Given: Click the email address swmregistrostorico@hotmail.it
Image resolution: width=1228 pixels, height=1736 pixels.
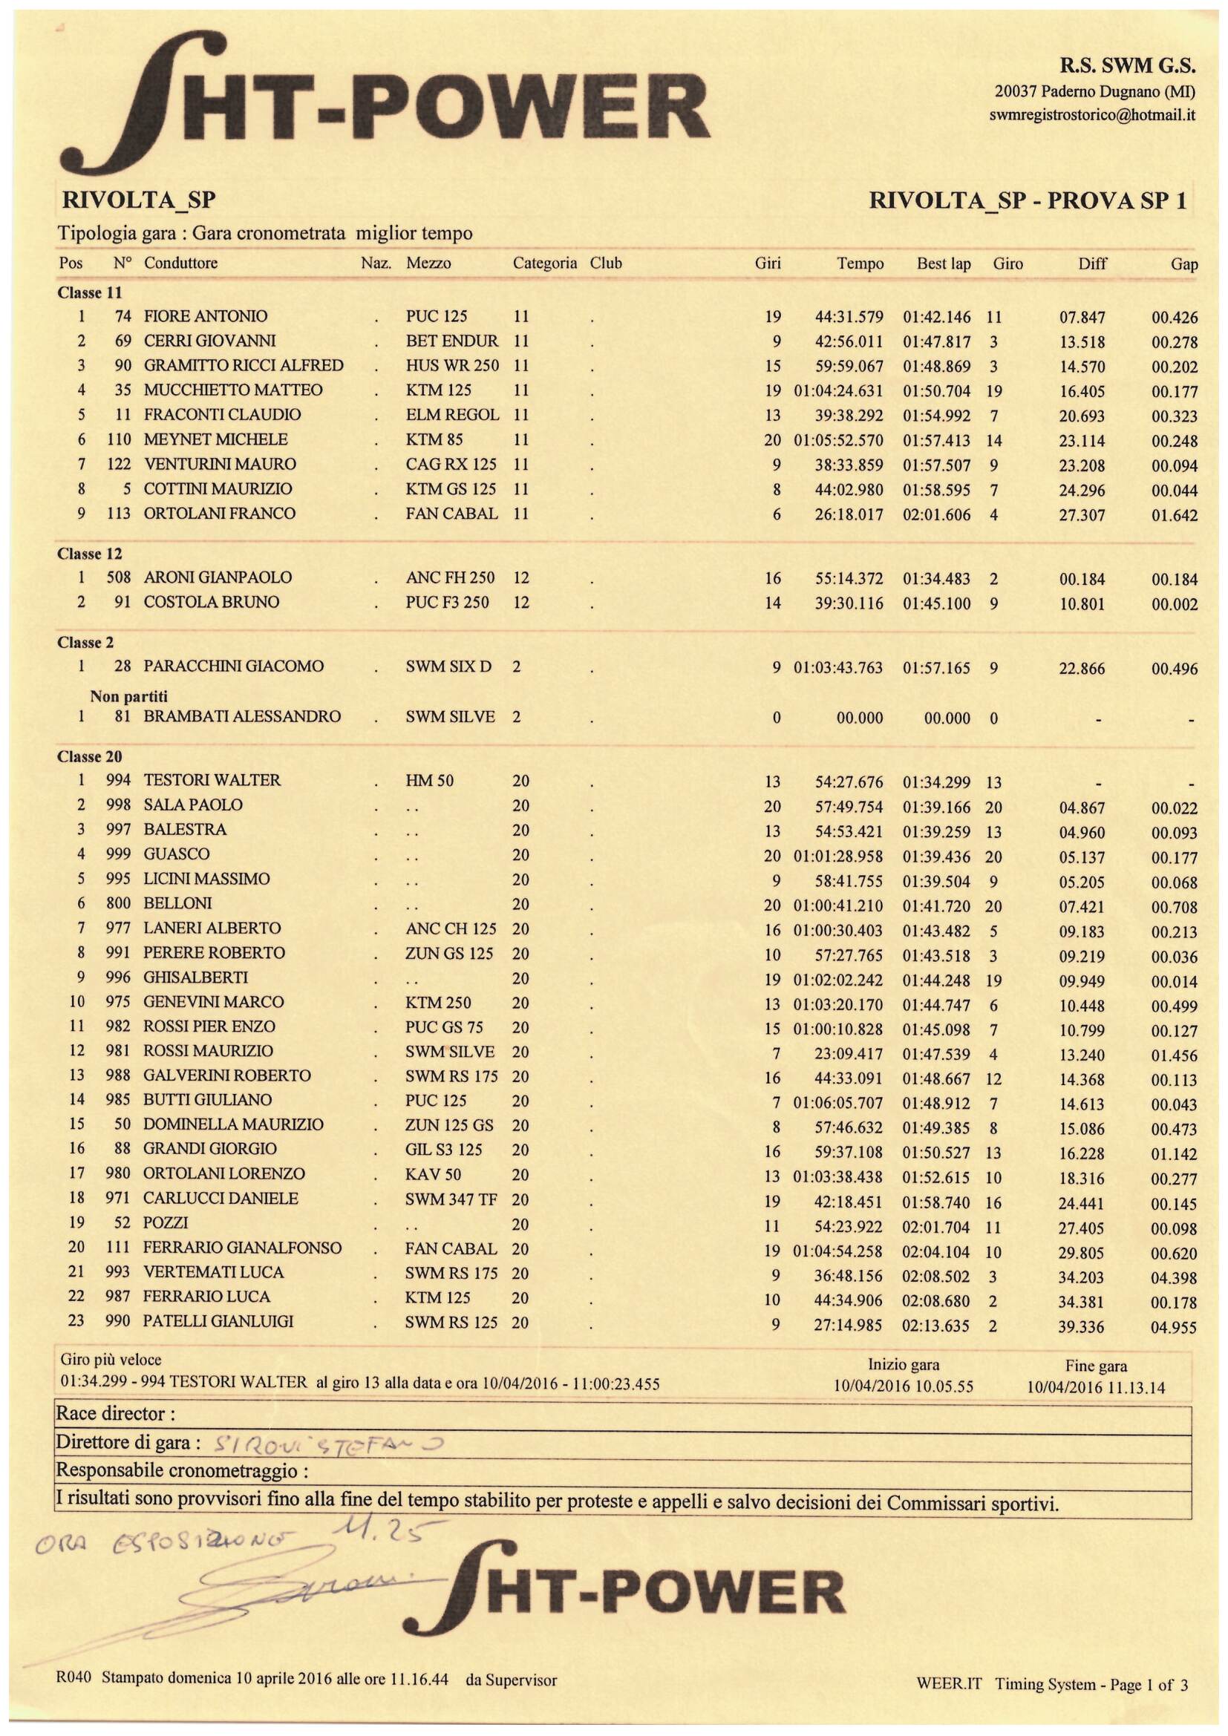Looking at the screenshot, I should (x=1092, y=116).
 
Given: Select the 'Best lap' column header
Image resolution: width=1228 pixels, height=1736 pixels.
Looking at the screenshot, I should (x=943, y=264).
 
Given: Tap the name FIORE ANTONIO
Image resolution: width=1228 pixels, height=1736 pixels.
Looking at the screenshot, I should (x=205, y=316).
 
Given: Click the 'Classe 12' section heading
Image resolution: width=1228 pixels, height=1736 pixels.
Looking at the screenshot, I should (x=89, y=554).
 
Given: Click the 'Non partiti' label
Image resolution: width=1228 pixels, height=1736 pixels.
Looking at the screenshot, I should (x=128, y=695).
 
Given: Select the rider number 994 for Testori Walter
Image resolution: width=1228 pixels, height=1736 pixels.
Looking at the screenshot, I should (x=118, y=780).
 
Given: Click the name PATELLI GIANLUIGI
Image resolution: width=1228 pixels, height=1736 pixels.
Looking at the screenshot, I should (x=218, y=1322).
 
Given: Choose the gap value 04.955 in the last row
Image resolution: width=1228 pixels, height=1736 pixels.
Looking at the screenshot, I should (x=1174, y=1327).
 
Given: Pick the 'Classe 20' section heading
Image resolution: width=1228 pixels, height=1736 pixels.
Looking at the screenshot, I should (x=89, y=757).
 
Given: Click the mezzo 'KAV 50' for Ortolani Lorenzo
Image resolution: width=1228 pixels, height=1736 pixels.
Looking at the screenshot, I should (x=434, y=1174).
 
